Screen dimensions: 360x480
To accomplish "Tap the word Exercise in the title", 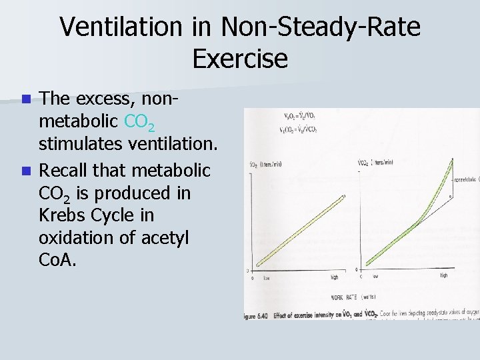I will pos(240,59).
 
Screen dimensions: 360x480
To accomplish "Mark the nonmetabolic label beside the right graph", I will pos(467,179).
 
